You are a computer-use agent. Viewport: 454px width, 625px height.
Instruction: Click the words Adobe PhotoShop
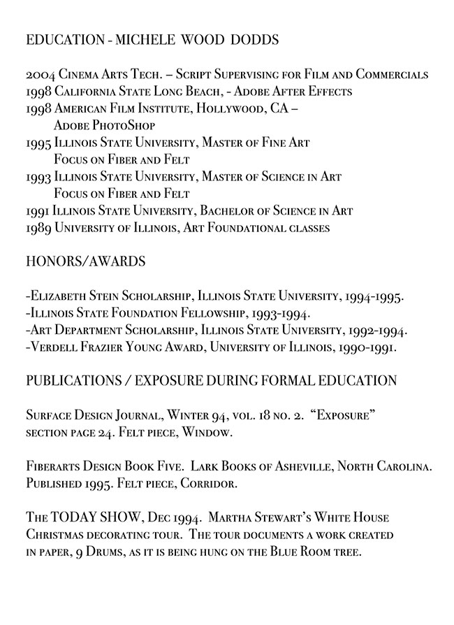coord(104,126)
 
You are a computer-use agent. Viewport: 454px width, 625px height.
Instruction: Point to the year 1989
coord(39,227)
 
